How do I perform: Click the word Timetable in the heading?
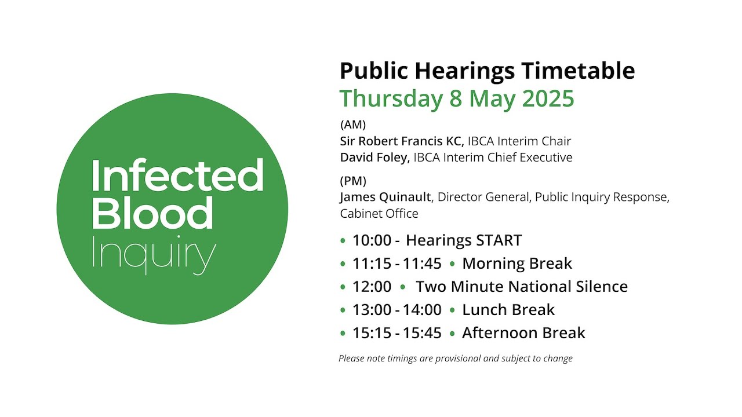[578, 71]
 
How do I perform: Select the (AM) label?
[353, 125]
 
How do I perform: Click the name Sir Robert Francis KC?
[402, 141]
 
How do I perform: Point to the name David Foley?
[374, 158]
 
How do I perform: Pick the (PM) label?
[353, 181]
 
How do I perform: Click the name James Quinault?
[385, 197]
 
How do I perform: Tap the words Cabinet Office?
[379, 214]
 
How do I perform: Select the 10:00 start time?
[372, 240]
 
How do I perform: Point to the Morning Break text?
[517, 264]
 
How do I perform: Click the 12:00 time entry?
[372, 287]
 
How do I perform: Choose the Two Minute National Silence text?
[522, 287]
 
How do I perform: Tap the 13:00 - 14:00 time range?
[397, 310]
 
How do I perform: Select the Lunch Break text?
[508, 310]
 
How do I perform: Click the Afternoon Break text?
[523, 333]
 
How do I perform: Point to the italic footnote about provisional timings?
[456, 359]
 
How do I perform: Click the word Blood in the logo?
[152, 213]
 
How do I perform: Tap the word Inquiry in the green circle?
[154, 255]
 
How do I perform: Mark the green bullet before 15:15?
[343, 333]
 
